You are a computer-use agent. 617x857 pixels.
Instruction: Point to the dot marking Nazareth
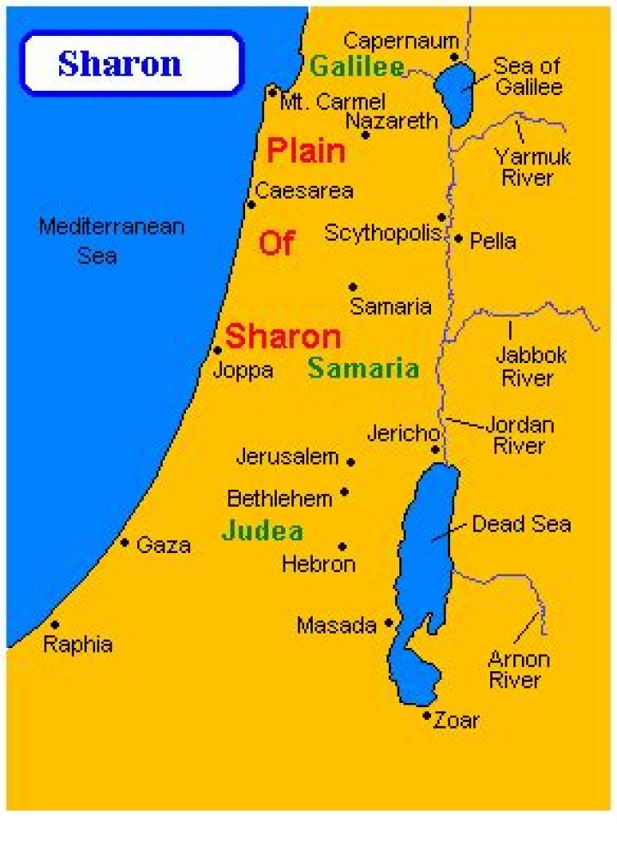[366, 134]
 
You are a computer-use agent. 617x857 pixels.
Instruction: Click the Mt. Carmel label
[333, 102]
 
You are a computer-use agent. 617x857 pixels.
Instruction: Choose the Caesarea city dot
[251, 204]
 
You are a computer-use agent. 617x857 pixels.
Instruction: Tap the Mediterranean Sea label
[111, 241]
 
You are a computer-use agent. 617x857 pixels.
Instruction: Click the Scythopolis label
[382, 233]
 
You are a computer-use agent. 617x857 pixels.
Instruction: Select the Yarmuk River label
[532, 167]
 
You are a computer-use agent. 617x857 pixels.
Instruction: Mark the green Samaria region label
[363, 369]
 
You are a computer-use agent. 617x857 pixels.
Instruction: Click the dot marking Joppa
[218, 349]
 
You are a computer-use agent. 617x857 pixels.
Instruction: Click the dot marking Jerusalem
[350, 461]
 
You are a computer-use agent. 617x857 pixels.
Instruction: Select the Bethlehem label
[279, 498]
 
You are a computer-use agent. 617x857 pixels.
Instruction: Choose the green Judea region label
[262, 531]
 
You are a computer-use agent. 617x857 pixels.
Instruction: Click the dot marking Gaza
[125, 542]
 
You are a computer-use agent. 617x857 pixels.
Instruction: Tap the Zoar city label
[457, 720]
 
